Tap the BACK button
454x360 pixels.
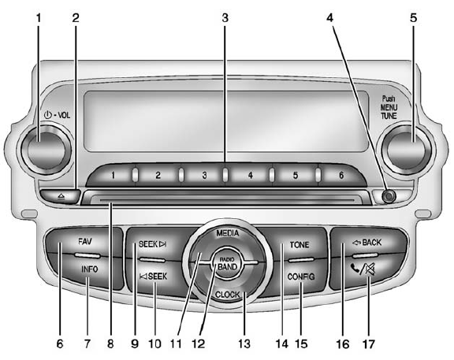coord(367,241)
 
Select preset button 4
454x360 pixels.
coord(250,175)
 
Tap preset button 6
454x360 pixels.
coord(341,175)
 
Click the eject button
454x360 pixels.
coord(61,193)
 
